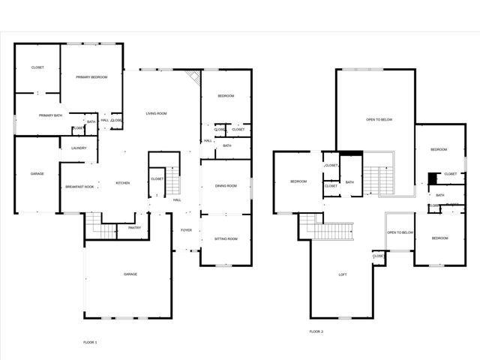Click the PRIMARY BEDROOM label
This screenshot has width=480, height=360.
(x=91, y=77)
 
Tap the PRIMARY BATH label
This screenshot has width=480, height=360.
(x=51, y=115)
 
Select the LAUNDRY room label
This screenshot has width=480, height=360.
(x=79, y=148)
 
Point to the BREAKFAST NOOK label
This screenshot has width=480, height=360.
(x=79, y=187)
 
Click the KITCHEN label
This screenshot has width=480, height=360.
(x=123, y=183)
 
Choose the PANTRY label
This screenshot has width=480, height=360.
(x=134, y=228)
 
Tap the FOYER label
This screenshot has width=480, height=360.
(x=187, y=229)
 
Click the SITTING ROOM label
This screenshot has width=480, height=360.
(x=226, y=239)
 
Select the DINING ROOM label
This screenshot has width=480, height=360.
(x=226, y=186)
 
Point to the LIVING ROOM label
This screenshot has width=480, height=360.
(x=156, y=113)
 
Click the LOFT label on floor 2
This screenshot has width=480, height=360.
(x=343, y=274)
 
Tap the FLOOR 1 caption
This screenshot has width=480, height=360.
(x=90, y=342)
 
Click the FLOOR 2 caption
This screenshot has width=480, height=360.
(x=316, y=331)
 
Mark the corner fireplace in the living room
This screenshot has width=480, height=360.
(x=193, y=77)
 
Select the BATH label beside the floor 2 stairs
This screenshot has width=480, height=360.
(x=349, y=182)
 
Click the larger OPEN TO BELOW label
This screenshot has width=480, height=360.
(x=379, y=119)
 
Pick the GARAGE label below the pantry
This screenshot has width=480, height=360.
(x=130, y=274)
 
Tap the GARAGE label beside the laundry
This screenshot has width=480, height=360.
(x=37, y=174)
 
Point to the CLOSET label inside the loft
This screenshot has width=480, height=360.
(x=379, y=256)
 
